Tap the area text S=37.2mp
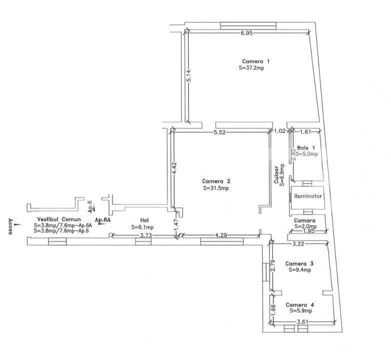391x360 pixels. coord(251,68)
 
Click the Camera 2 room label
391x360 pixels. coord(216,181)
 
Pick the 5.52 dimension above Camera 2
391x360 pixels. coord(220,132)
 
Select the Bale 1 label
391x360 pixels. coord(306,148)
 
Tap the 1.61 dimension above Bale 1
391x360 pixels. coord(305,132)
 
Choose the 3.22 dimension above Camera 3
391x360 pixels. coord(298,243)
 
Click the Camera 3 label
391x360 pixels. coord(299,263)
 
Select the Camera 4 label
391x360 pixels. coord(300,304)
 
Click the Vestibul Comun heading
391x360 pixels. coord(55,219)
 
